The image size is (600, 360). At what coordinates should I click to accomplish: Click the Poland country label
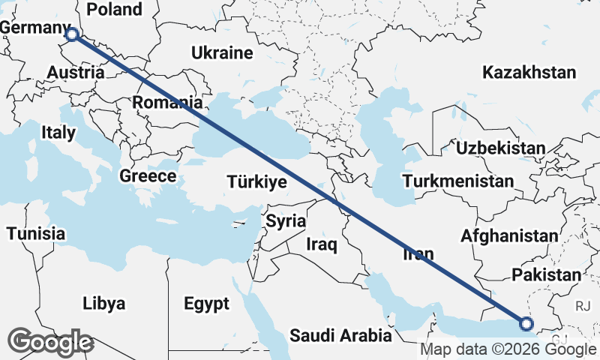pyautogui.click(x=114, y=10)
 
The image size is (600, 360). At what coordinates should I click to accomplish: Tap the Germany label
pyautogui.click(x=34, y=28)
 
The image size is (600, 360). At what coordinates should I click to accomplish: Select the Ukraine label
pyautogui.click(x=221, y=53)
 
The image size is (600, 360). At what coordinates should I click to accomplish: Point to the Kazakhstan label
pyautogui.click(x=529, y=73)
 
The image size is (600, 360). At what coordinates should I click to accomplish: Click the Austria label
pyautogui.click(x=75, y=73)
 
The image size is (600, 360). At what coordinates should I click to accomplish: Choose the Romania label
pyautogui.click(x=168, y=101)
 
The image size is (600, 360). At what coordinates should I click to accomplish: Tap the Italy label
pyautogui.click(x=58, y=133)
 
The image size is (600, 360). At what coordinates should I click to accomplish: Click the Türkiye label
pyautogui.click(x=257, y=181)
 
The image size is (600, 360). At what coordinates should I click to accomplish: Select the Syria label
pyautogui.click(x=286, y=221)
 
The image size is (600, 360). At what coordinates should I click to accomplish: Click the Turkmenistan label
pyautogui.click(x=457, y=181)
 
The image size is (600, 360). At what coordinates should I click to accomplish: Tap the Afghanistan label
pyautogui.click(x=509, y=235)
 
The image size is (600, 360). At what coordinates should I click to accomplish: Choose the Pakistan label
pyautogui.click(x=546, y=275)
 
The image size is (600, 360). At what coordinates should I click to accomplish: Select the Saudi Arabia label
pyautogui.click(x=341, y=334)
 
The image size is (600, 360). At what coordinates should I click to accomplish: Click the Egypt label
pyautogui.click(x=206, y=304)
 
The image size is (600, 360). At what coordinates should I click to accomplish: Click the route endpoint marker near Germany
pyautogui.click(x=72, y=34)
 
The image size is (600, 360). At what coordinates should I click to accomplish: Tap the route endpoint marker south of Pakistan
pyautogui.click(x=526, y=324)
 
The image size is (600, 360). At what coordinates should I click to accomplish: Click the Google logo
pyautogui.click(x=50, y=343)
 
